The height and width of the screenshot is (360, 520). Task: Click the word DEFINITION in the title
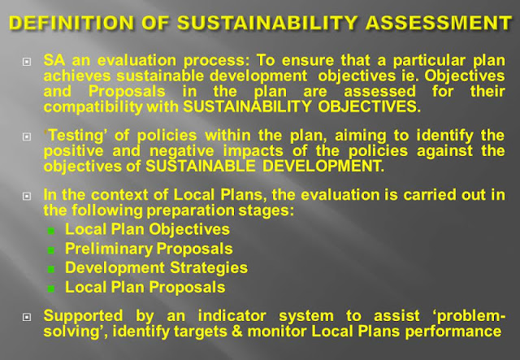point(71,23)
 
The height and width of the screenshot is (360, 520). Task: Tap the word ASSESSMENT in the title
point(439,23)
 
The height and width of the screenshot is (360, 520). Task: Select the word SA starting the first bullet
point(54,60)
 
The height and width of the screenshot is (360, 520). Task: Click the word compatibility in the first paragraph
point(93,107)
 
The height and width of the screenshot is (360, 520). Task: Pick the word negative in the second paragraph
point(182,151)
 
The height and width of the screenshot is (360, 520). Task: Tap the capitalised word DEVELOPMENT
point(323,166)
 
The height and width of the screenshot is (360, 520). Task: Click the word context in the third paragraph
point(119,195)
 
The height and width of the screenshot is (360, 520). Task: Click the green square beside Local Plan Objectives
point(51,231)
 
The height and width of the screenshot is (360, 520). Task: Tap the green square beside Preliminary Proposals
point(51,250)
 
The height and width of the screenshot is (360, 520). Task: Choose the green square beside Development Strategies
point(51,269)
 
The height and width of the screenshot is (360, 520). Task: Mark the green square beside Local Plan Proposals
point(51,288)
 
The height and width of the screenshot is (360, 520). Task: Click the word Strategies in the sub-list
point(209,268)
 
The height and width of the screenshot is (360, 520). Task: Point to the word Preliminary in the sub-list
point(109,249)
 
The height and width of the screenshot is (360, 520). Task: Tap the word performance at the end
point(453,332)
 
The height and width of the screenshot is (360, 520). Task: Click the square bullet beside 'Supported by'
point(27,318)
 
